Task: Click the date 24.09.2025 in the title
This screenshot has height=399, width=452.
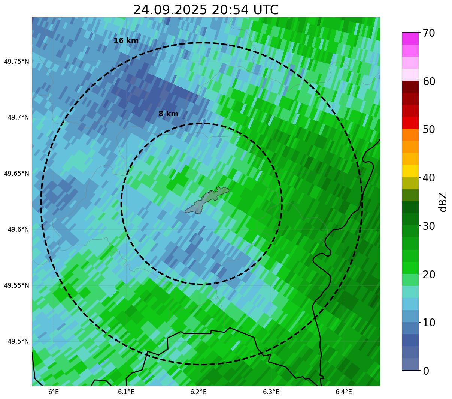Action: pos(170,10)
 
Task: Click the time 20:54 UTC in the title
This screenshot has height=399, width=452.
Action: pos(245,10)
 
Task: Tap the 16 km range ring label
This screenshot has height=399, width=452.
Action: pos(126,41)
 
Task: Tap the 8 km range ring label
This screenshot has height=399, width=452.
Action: pos(168,114)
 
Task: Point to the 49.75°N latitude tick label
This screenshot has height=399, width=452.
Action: pos(16,61)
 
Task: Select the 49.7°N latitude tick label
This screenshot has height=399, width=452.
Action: pos(18,118)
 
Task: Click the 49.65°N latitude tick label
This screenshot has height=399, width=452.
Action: pos(16,174)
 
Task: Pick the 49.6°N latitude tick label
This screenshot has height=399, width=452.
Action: pos(18,229)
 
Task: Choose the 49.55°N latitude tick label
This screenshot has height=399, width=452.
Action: pos(16,285)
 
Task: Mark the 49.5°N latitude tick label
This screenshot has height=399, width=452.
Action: pos(18,341)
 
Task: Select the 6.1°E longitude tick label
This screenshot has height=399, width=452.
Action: pos(126,392)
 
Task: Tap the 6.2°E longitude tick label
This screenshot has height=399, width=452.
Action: pos(198,392)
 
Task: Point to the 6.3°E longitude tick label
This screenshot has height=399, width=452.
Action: pos(271,392)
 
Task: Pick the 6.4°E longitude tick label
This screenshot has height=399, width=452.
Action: pos(343,392)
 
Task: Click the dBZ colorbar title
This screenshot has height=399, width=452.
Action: pos(443,202)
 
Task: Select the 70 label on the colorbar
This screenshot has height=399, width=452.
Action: pos(429,33)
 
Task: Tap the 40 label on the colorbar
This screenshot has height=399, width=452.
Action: pos(429,178)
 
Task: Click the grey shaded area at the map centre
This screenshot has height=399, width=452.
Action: pos(207,201)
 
